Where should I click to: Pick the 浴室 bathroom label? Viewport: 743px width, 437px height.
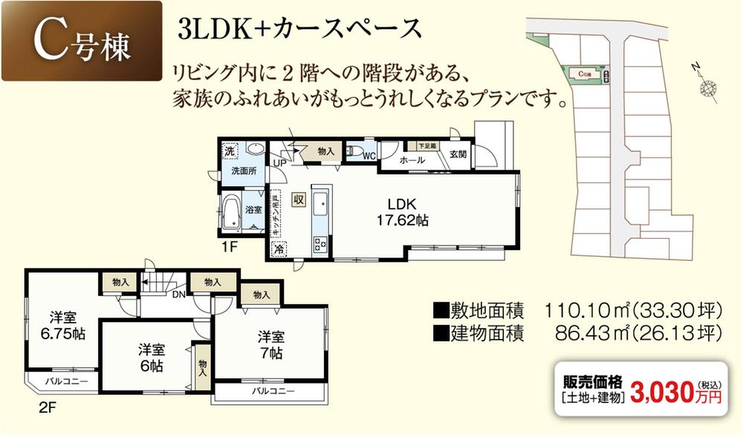coord(254,209)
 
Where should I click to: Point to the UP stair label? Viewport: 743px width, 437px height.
coord(279,163)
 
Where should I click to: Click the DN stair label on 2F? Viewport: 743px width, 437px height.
coord(179,294)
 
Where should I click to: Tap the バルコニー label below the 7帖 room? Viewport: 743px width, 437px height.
coord(272,390)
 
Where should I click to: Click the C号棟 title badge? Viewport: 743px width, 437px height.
coord(82,42)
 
